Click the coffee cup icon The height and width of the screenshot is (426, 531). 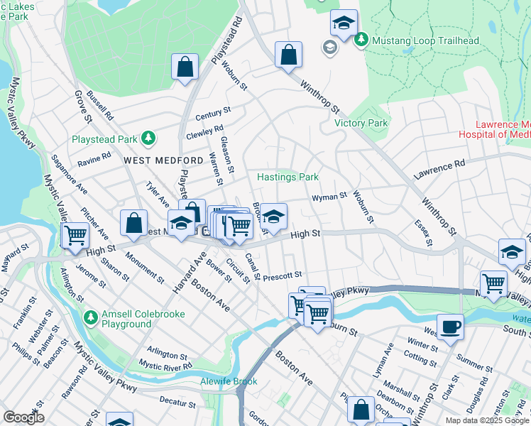point(450,327)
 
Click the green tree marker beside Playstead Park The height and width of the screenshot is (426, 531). point(148,138)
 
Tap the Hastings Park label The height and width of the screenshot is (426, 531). point(288,177)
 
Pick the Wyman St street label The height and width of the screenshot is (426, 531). point(329,195)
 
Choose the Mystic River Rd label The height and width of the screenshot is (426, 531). point(165,365)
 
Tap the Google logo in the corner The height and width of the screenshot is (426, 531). point(23,417)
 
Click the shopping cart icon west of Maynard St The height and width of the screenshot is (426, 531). point(75,234)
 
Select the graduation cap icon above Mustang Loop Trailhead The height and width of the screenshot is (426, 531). point(344,23)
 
